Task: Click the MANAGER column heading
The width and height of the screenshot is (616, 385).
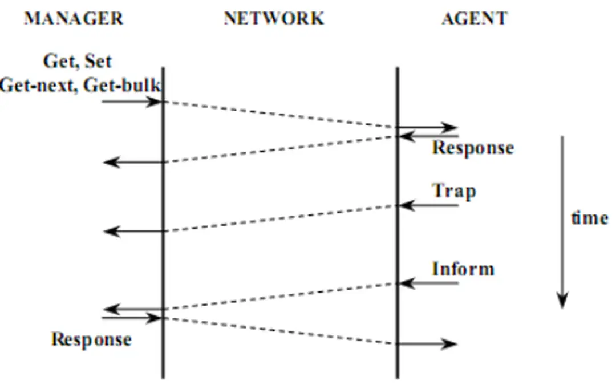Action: tap(74, 18)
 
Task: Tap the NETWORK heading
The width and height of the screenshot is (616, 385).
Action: tap(274, 18)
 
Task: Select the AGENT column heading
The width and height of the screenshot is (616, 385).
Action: tap(474, 18)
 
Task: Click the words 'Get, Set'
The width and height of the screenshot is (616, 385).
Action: tap(78, 61)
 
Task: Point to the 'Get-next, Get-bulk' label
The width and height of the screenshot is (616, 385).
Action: tap(80, 86)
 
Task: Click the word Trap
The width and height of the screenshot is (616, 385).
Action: tap(453, 190)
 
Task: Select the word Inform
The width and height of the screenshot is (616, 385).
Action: tap(463, 269)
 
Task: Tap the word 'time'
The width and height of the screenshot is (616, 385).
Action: tap(589, 218)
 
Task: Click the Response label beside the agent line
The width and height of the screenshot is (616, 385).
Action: tap(473, 148)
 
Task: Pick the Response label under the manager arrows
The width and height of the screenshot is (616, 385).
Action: tap(91, 339)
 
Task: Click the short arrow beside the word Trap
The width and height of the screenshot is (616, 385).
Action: tap(429, 205)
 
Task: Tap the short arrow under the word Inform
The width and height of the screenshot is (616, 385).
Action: tap(429, 283)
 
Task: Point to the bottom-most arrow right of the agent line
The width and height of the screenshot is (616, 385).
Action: tap(428, 344)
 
